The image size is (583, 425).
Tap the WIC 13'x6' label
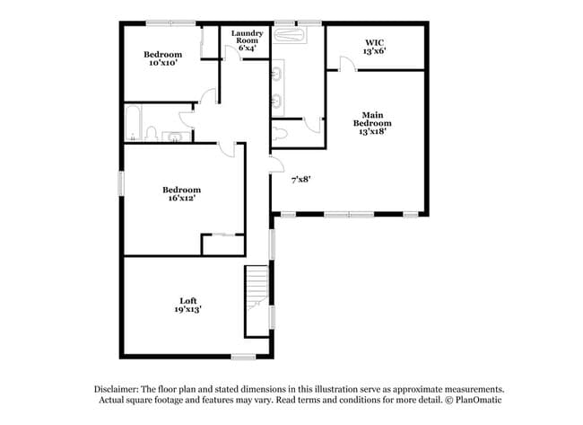click(375, 47)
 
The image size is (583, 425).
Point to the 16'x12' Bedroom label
click(181, 194)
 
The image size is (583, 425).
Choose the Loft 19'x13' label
click(187, 305)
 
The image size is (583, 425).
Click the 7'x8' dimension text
click(301, 179)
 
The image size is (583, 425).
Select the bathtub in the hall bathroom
click(132, 124)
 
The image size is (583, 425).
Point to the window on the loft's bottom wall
click(243, 357)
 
